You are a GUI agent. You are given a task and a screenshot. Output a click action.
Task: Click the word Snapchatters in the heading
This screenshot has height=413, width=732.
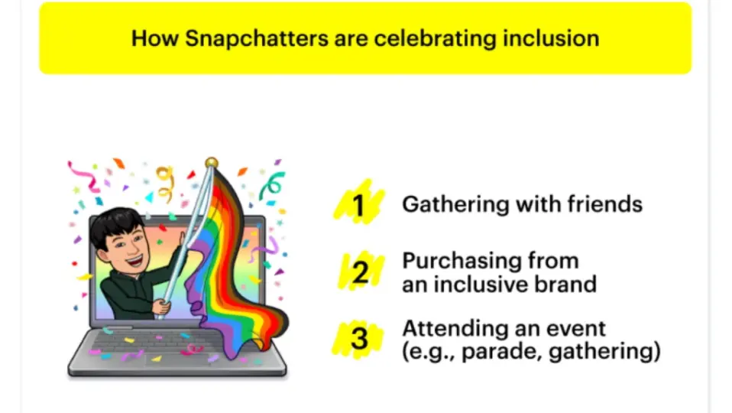click(256, 38)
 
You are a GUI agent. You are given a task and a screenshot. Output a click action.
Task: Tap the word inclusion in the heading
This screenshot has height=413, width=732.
click(551, 38)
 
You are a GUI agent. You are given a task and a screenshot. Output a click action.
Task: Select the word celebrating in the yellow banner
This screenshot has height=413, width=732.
click(435, 39)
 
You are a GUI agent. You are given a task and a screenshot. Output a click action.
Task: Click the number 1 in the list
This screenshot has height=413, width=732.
click(358, 205)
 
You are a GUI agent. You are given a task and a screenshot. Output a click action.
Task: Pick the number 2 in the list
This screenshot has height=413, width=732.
click(360, 272)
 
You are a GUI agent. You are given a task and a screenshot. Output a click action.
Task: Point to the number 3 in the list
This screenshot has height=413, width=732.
click(359, 338)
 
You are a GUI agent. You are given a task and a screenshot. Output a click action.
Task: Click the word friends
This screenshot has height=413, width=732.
click(605, 204)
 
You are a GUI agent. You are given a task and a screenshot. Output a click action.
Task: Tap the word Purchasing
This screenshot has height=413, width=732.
click(462, 261)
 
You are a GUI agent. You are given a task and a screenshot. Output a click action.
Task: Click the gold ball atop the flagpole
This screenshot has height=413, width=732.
click(212, 163)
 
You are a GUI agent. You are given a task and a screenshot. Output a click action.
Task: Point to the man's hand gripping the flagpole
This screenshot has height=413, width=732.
click(163, 307)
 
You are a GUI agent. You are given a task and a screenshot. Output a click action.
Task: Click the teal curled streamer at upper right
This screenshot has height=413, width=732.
click(272, 185)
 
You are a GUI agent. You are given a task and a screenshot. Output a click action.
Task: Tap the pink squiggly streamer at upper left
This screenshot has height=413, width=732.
click(84, 177)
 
